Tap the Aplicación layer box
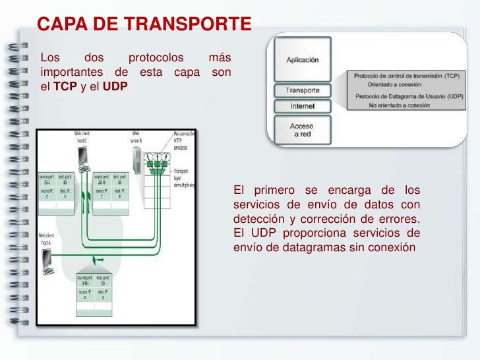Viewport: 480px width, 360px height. click(302, 59)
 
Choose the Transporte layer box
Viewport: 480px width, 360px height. click(302, 90)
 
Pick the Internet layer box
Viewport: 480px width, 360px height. click(302, 106)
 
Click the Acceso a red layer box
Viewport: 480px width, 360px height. click(302, 129)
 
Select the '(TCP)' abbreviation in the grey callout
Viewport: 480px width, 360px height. click(452, 76)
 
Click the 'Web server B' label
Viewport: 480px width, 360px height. click(136, 137)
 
